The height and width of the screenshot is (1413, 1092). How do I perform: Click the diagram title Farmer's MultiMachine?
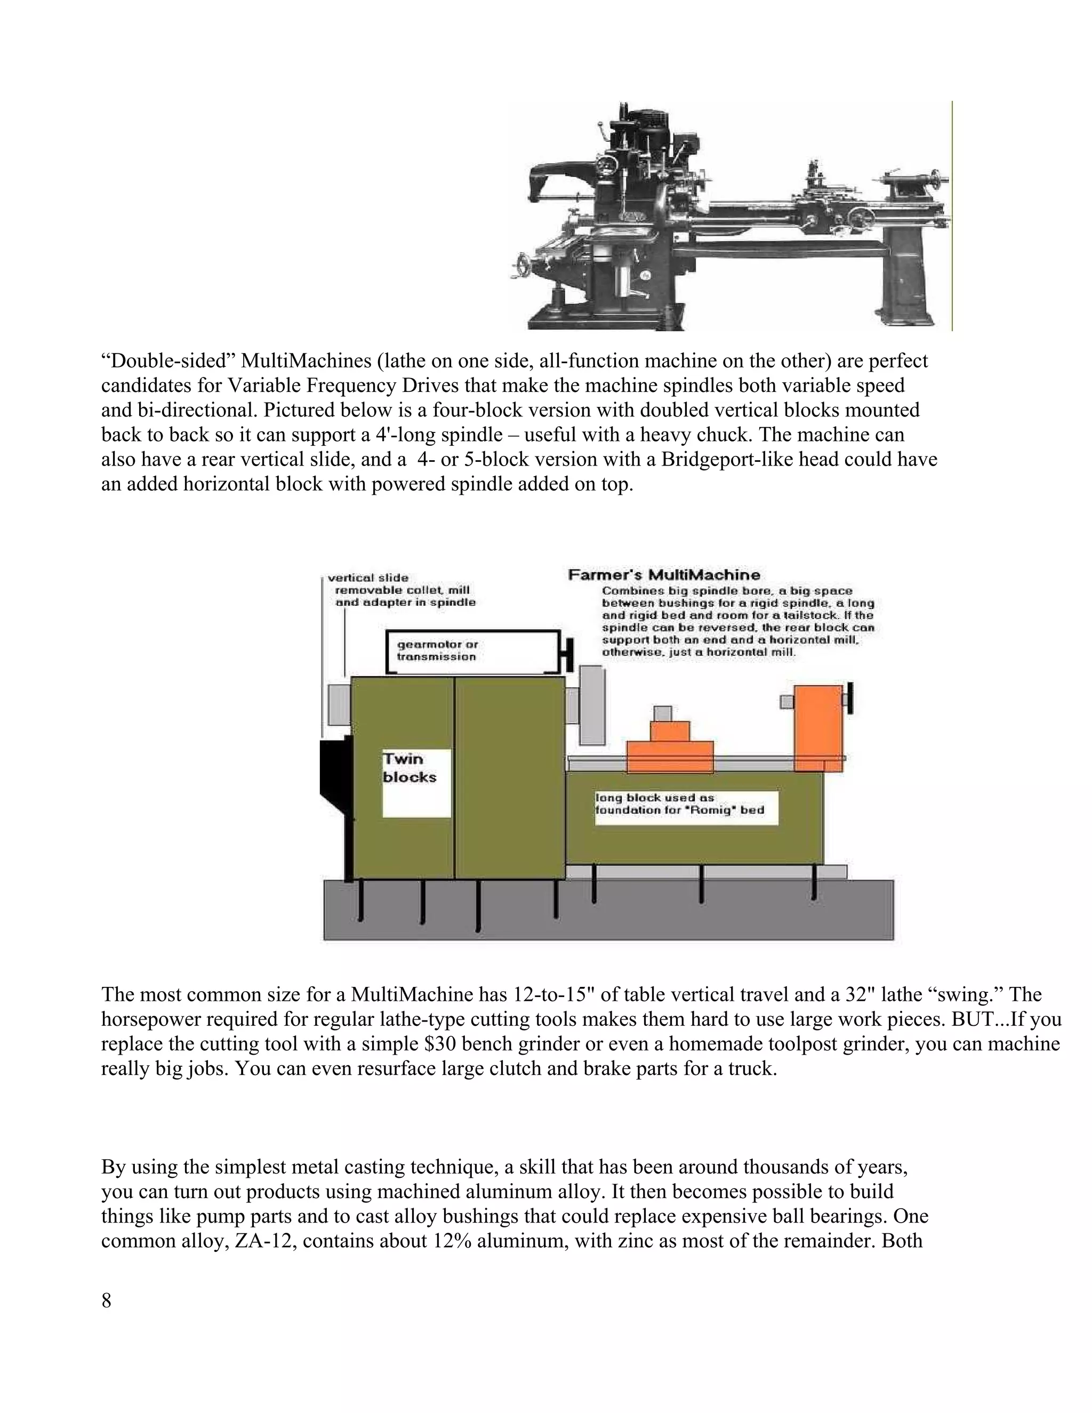[x=664, y=574]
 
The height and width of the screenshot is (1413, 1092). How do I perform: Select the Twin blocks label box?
[x=416, y=783]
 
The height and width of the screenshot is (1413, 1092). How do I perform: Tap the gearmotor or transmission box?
[x=472, y=652]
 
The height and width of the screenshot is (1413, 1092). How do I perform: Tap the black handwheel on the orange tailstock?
[x=849, y=699]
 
